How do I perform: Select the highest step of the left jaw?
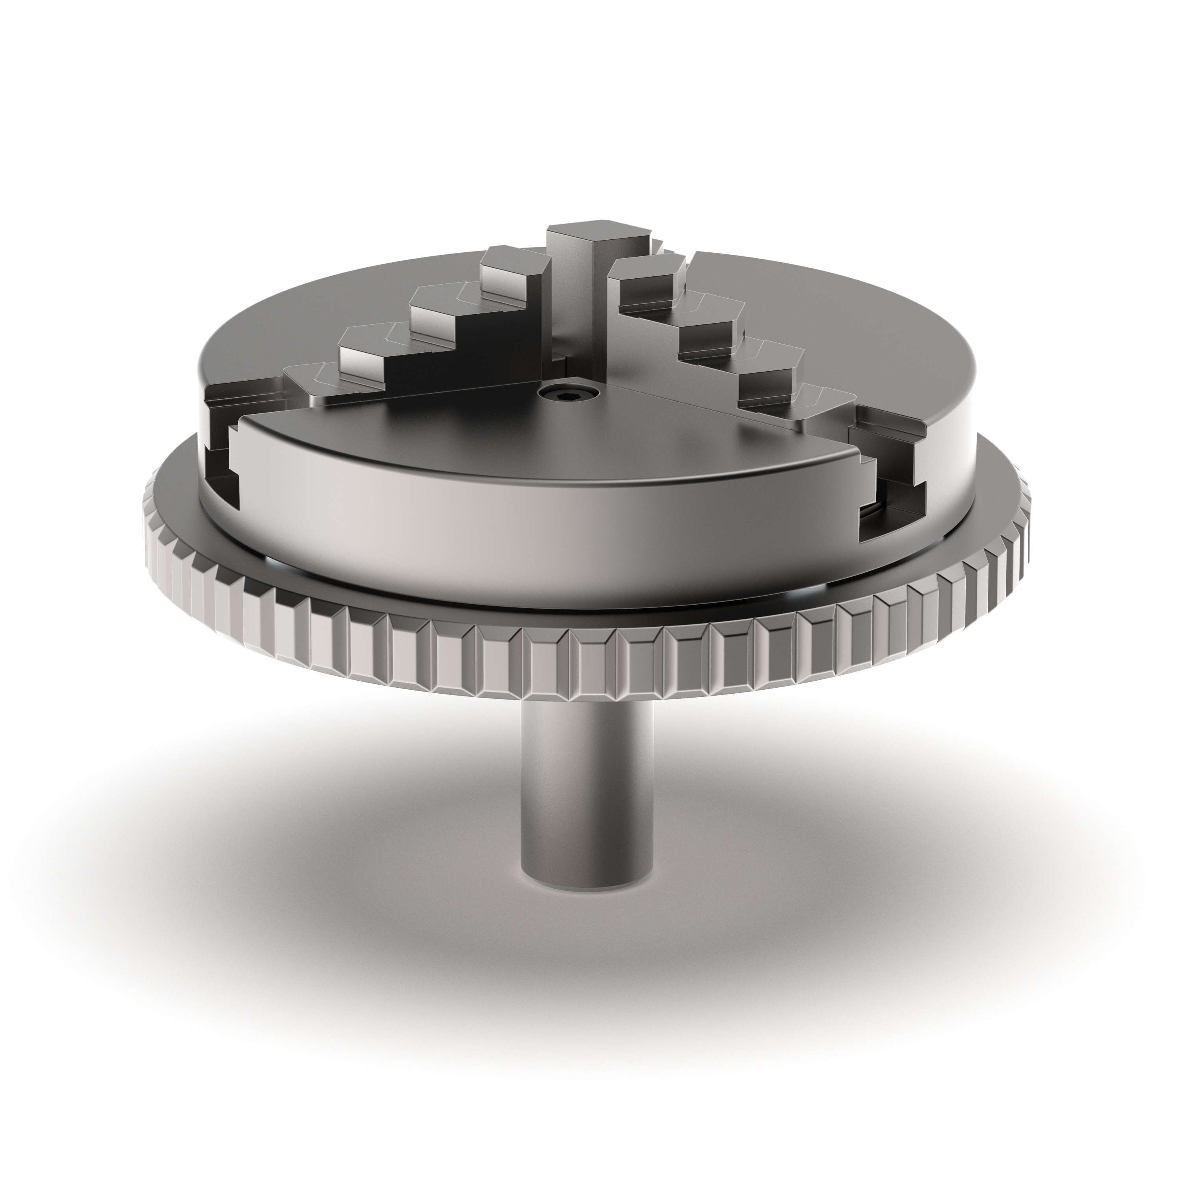point(511,260)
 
